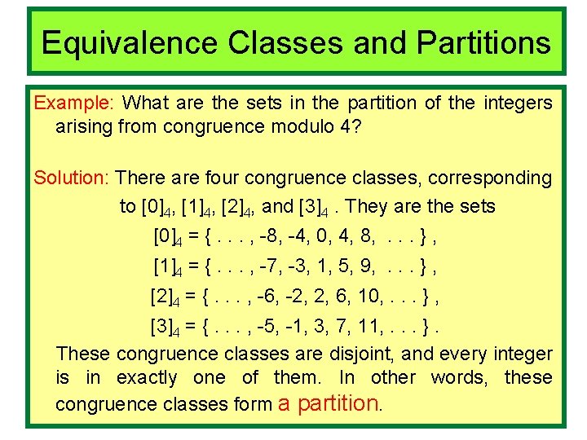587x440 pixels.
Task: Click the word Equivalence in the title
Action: tap(130, 42)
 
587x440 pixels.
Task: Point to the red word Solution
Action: tap(72, 178)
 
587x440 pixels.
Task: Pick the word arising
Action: tap(83, 126)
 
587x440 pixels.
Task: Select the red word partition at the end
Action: tap(338, 403)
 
